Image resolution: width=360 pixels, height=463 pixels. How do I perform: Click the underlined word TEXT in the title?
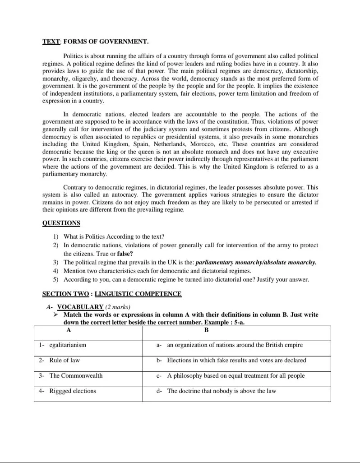tap(51, 42)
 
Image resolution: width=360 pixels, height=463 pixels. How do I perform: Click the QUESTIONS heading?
tap(61, 223)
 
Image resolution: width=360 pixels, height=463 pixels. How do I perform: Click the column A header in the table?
tap(69, 330)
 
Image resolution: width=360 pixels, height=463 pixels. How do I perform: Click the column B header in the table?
tap(206, 330)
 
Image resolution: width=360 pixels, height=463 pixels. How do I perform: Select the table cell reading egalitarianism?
tap(68, 345)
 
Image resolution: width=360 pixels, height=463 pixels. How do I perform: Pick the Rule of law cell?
tap(65, 361)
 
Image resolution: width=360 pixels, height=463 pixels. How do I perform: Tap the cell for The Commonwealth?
tap(76, 376)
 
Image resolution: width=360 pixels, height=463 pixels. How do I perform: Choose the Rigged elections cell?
tap(73, 391)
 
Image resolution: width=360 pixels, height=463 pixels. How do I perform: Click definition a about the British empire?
tap(235, 345)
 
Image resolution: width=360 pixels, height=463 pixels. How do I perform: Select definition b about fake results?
tap(236, 361)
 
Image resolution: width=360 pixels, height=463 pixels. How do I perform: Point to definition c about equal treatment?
tap(235, 376)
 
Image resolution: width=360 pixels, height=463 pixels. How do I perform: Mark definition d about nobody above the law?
tap(221, 391)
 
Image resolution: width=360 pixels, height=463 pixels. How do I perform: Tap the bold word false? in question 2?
tap(125, 254)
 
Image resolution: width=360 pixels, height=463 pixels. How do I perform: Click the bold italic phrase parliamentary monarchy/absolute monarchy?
tap(256, 262)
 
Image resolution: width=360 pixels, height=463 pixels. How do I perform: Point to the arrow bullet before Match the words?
tap(55, 314)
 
